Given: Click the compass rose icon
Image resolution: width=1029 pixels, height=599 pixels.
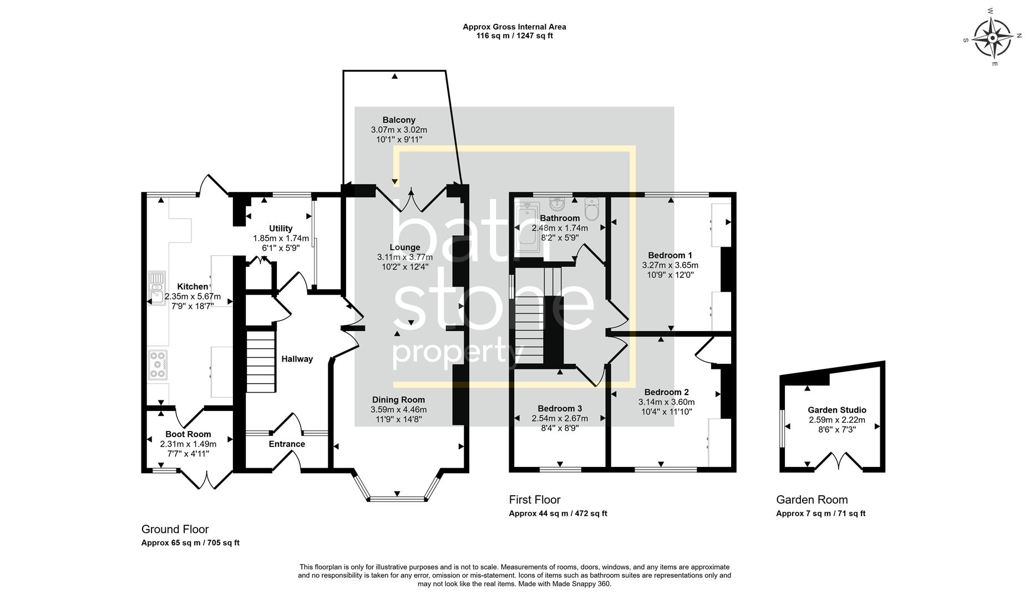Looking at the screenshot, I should pyautogui.click(x=992, y=38).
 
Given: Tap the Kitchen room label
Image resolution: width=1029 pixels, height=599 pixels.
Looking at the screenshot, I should pyautogui.click(x=192, y=287).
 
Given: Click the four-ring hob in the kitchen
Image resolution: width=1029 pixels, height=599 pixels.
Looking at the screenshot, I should pyautogui.click(x=158, y=364).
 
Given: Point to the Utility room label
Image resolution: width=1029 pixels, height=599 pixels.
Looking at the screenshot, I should pyautogui.click(x=281, y=229).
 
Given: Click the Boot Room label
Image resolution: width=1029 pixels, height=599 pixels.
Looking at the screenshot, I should pyautogui.click(x=188, y=434).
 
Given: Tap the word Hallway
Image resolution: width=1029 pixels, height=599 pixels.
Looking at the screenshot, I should pyautogui.click(x=297, y=359).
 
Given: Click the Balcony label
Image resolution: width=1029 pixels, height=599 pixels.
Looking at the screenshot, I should pyautogui.click(x=399, y=120).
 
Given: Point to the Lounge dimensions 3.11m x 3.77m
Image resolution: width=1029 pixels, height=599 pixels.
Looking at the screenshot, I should pyautogui.click(x=405, y=257).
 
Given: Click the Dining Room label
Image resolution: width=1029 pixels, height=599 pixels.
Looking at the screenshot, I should pyautogui.click(x=398, y=400).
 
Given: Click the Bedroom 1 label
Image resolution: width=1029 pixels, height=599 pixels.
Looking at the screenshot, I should pyautogui.click(x=670, y=255).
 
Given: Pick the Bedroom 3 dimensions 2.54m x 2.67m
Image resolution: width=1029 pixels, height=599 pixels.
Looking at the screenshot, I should pyautogui.click(x=560, y=418).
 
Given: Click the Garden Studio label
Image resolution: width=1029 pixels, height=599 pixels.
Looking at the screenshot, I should pyautogui.click(x=837, y=410).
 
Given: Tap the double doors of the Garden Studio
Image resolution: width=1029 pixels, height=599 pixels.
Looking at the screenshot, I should pyautogui.click(x=838, y=461).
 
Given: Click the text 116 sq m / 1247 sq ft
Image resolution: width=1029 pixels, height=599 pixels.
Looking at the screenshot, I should pyautogui.click(x=514, y=36).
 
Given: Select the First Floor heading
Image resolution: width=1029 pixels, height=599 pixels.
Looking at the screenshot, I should pyautogui.click(x=535, y=500).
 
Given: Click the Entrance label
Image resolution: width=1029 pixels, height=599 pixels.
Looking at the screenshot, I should pyautogui.click(x=287, y=444).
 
